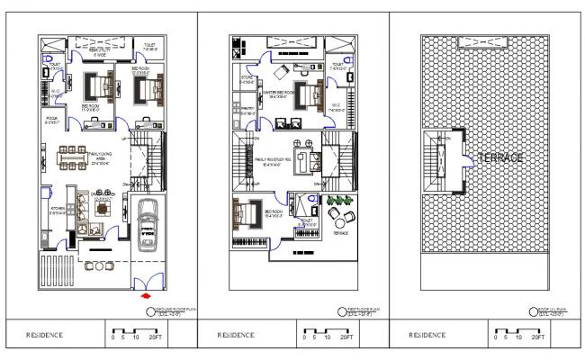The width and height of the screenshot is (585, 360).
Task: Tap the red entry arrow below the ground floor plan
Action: pyautogui.click(x=147, y=293)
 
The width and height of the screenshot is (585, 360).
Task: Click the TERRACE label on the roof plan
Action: pyautogui.click(x=501, y=157)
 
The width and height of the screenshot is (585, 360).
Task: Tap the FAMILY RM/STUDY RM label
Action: pyautogui.click(x=282, y=161)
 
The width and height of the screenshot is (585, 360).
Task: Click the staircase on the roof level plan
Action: pyautogui.click(x=444, y=163)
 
